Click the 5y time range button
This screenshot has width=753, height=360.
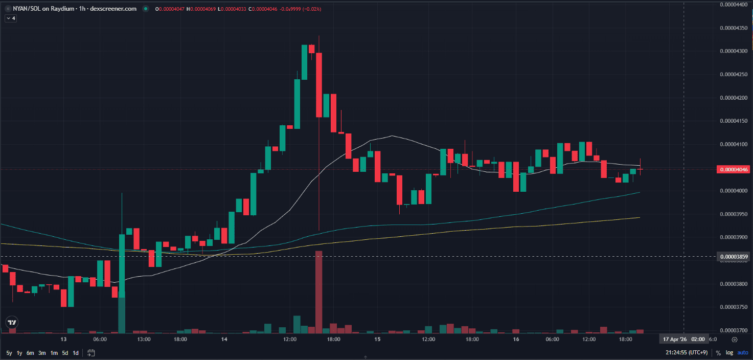click(9, 353)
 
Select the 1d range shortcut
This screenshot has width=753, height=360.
click(76, 353)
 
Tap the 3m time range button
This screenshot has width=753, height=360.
click(42, 353)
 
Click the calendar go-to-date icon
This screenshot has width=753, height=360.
click(91, 353)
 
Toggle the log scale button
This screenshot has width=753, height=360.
click(728, 353)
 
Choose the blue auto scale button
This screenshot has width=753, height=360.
click(743, 353)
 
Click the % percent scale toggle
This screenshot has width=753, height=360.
click(718, 353)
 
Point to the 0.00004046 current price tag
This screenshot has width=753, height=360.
click(734, 169)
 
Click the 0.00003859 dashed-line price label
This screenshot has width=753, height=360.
click(734, 256)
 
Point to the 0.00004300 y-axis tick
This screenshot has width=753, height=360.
click(734, 51)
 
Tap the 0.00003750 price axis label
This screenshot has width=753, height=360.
click(734, 307)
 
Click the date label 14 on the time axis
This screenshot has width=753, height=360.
click(224, 340)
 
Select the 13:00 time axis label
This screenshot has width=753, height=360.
click(144, 340)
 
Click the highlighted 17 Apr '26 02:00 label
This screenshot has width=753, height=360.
click(683, 340)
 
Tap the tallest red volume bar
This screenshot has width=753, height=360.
click(319, 291)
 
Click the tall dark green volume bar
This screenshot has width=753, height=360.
click(122, 314)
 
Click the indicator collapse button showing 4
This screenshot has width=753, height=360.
click(11, 18)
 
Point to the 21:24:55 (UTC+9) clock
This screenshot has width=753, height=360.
click(686, 353)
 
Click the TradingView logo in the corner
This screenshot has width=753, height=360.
click(11, 323)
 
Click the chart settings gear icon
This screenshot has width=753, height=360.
click(735, 340)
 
